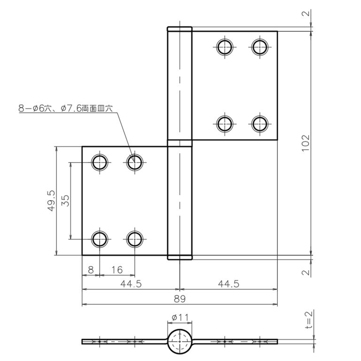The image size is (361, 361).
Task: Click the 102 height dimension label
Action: tap(306, 143)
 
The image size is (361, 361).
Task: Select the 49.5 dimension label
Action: tap(51, 201)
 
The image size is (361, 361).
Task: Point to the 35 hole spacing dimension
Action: tap(65, 201)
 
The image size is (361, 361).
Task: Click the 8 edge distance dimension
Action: tap(91, 270)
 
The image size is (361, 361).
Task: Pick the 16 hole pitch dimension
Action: tap(117, 270)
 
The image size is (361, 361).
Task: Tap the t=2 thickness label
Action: tap(309, 319)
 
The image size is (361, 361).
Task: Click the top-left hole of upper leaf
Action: tap(225, 47)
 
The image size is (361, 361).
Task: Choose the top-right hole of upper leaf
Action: tap(259, 47)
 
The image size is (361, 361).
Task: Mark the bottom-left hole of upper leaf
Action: tap(225, 124)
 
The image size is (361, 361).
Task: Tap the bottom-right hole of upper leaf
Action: tap(259, 124)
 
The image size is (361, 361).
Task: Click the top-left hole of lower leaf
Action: tap(100, 163)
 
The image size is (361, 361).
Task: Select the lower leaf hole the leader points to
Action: tap(134, 163)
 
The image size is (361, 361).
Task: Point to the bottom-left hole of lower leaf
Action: tap(100, 239)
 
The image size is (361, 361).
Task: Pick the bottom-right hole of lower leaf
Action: tap(134, 239)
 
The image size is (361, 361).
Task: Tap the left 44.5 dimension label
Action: tap(131, 284)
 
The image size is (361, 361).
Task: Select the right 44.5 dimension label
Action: tap(228, 284)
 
